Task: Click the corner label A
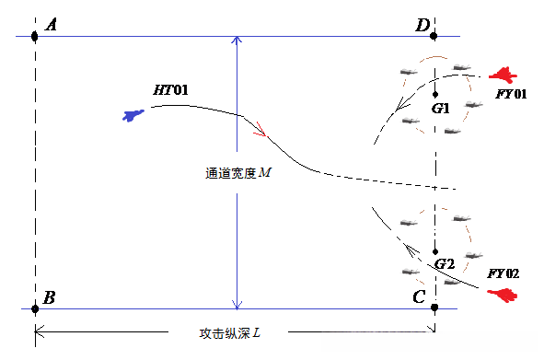(x=52, y=25)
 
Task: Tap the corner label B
(x=50, y=297)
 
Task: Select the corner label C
(x=420, y=296)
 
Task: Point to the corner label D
(x=422, y=25)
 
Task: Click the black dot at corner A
(x=35, y=37)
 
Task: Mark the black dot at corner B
(x=35, y=308)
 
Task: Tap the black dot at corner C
(x=434, y=308)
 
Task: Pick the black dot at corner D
(x=434, y=37)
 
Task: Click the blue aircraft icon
(x=134, y=115)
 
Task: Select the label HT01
(x=170, y=90)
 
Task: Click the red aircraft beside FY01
(x=503, y=75)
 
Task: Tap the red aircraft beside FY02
(x=503, y=295)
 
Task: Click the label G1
(x=441, y=109)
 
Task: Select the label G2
(x=446, y=263)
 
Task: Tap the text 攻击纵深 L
(x=231, y=331)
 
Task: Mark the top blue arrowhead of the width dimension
(x=237, y=41)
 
